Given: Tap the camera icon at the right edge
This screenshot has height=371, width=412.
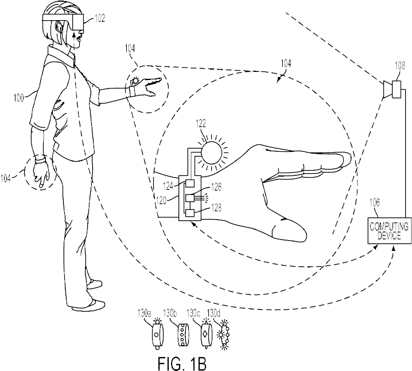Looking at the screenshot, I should (x=395, y=90).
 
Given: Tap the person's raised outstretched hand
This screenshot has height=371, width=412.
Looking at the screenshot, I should (x=148, y=86).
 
